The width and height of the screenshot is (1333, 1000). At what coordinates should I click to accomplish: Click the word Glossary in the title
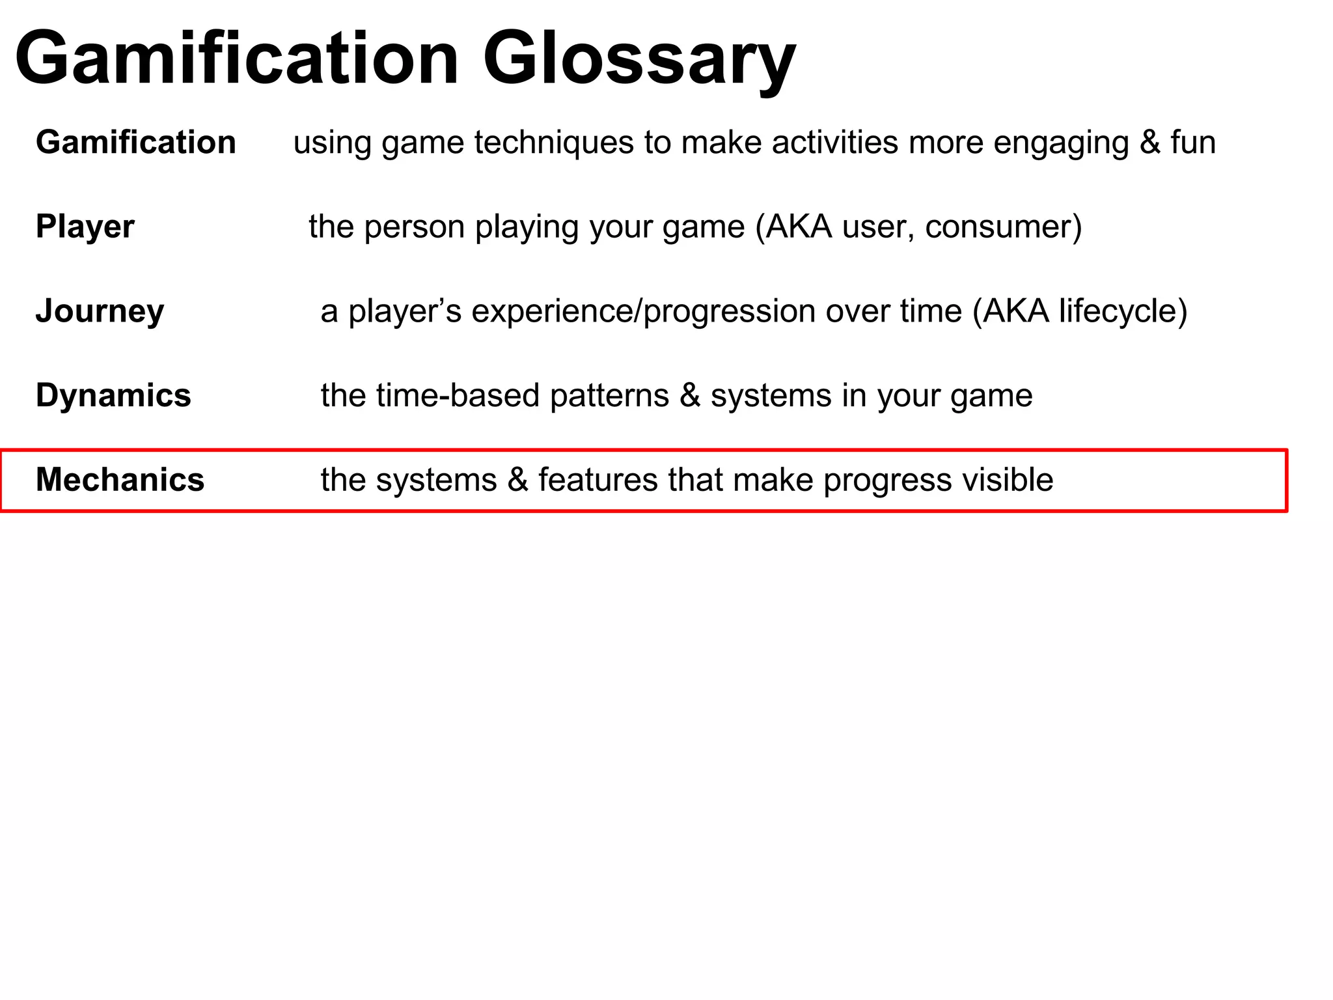tap(639, 60)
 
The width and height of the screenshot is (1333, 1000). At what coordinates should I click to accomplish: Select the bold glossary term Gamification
tap(135, 143)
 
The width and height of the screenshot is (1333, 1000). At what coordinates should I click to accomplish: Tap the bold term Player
tap(85, 227)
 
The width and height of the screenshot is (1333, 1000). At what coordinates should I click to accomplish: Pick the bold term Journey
tap(100, 311)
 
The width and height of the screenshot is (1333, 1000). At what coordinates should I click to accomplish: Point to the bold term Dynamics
tap(113, 396)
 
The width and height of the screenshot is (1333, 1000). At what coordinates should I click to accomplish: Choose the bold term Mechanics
tap(120, 480)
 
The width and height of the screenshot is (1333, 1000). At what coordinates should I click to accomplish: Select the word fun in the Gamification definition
tap(1193, 143)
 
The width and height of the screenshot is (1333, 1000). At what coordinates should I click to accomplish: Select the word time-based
tap(458, 396)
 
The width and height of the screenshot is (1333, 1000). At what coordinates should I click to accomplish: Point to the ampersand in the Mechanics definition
tap(517, 480)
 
